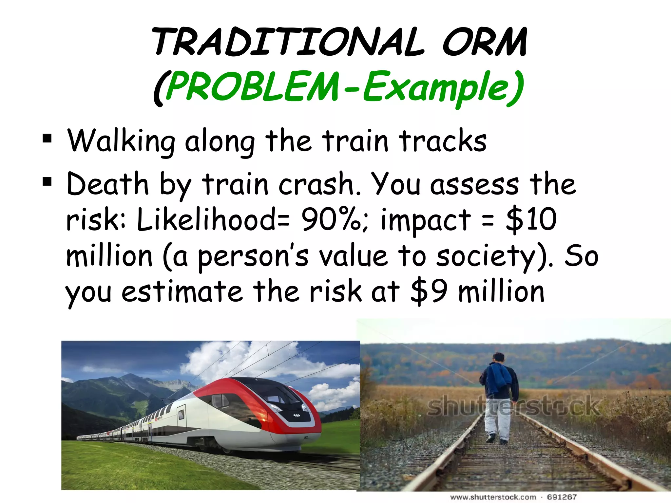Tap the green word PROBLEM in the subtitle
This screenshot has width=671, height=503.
[x=252, y=87]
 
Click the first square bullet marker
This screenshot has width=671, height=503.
[x=47, y=139]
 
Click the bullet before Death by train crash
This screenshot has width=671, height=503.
[x=47, y=181]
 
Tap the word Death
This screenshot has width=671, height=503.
[x=107, y=184]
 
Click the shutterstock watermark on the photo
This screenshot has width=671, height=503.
[x=514, y=406]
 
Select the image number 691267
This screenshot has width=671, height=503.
[x=562, y=497]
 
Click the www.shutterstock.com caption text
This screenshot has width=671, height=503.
[x=493, y=497]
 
